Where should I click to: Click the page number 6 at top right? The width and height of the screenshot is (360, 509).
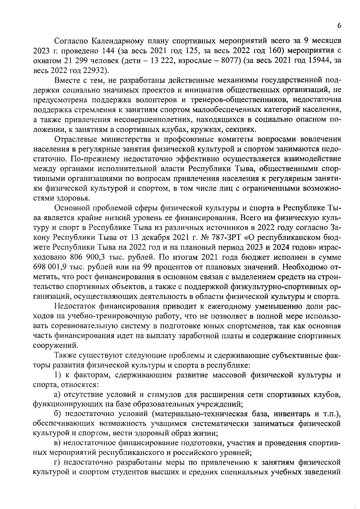[x=339, y=26]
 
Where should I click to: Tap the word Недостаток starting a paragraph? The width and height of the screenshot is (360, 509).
[x=74, y=307]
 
